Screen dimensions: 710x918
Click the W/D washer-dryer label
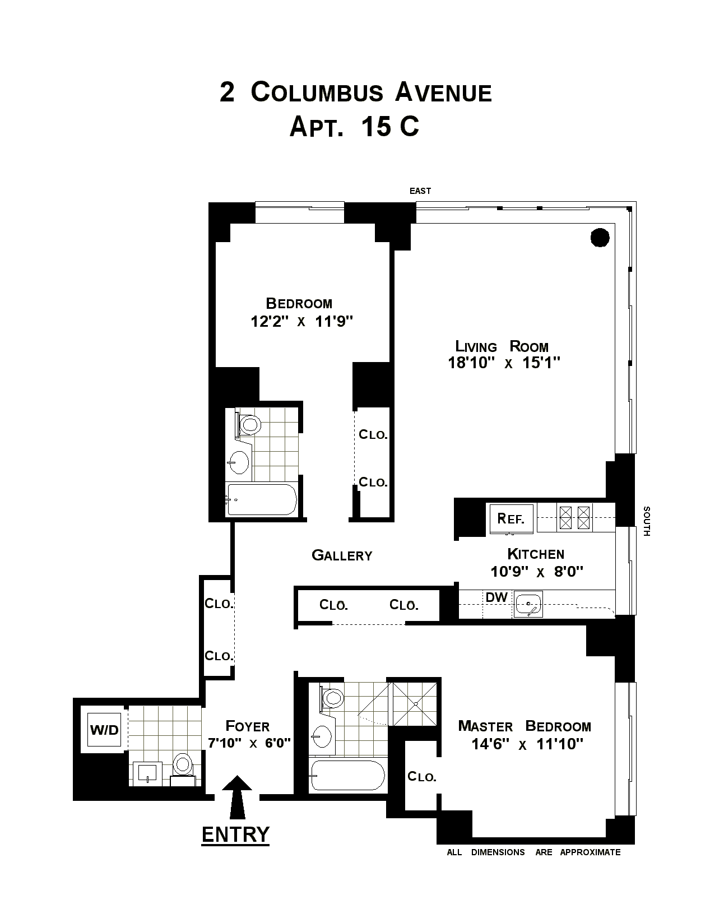pyautogui.click(x=104, y=730)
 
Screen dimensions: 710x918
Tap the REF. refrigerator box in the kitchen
pyautogui.click(x=511, y=518)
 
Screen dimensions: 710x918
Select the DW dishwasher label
pyautogui.click(x=496, y=597)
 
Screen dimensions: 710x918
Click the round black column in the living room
pyautogui.click(x=600, y=238)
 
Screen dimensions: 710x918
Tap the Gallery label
pyautogui.click(x=342, y=555)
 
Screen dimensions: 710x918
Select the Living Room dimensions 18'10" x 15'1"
pyautogui.click(x=504, y=363)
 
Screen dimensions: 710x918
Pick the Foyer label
pyautogui.click(x=248, y=726)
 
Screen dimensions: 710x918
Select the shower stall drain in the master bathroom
pyautogui.click(x=416, y=703)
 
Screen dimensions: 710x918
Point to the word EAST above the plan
pyautogui.click(x=420, y=191)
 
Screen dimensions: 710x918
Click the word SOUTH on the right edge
pyautogui.click(x=646, y=521)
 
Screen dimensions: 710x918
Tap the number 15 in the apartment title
pyautogui.click(x=376, y=126)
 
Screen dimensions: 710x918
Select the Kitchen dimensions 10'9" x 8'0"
pyautogui.click(x=537, y=572)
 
